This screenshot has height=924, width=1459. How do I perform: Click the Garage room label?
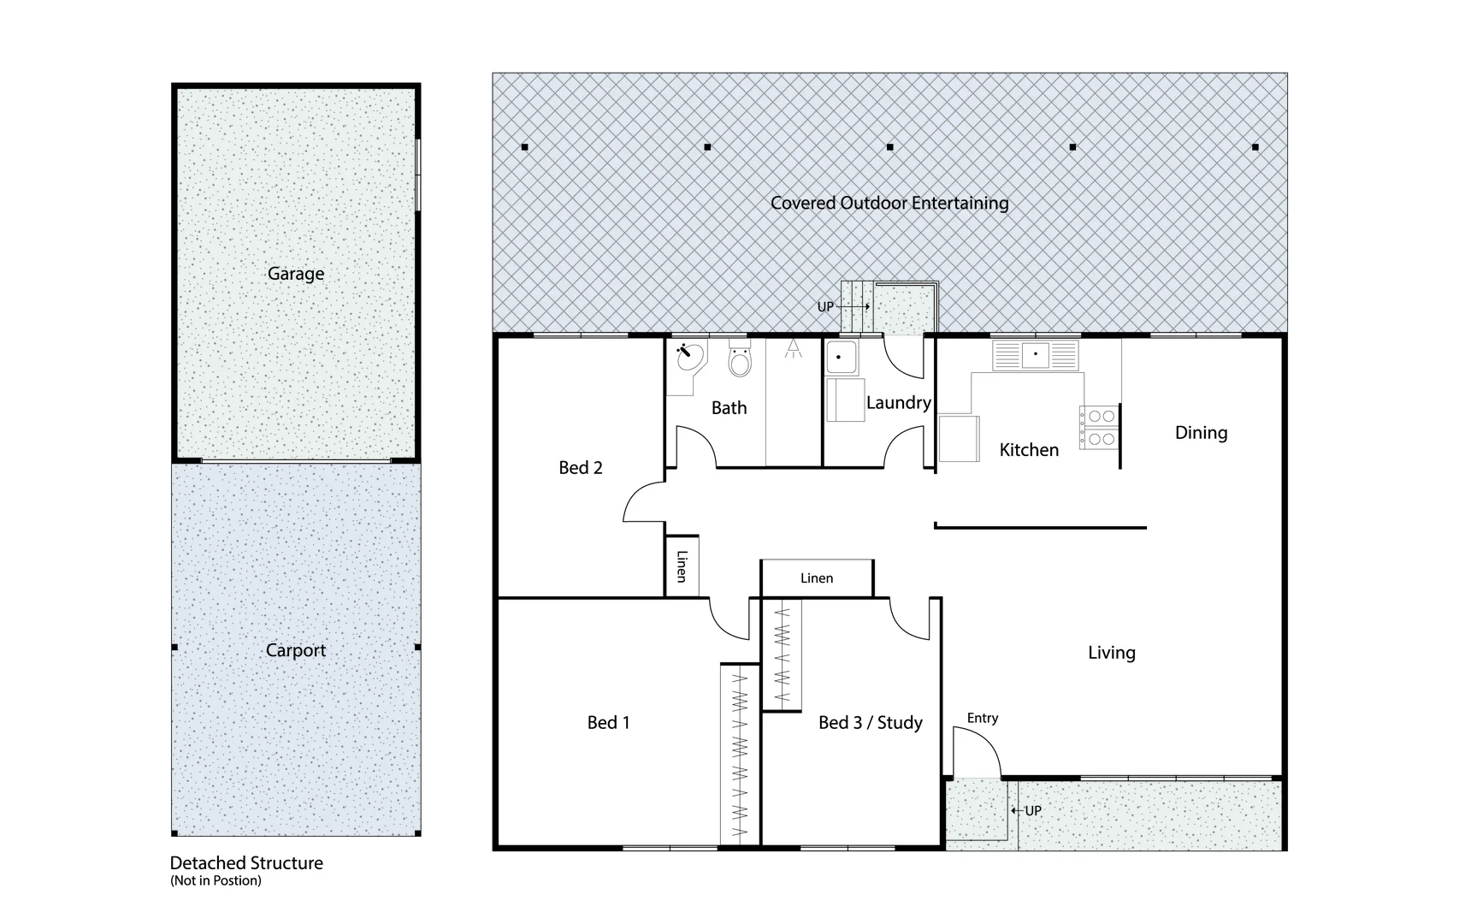296,274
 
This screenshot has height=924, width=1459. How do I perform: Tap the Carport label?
296,650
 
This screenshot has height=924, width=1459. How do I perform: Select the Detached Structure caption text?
246,862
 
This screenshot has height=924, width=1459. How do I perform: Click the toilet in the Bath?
740,362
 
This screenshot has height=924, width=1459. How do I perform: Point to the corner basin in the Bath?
688,357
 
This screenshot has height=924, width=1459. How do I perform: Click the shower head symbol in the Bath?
794,347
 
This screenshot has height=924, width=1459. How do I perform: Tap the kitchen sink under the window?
1036,355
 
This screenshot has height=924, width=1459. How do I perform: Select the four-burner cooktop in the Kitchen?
1099,428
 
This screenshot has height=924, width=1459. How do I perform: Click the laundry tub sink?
842,358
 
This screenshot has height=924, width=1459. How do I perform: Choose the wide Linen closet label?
817,578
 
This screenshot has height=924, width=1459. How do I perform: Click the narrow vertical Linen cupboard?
682,566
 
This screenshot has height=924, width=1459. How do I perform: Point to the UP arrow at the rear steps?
855,306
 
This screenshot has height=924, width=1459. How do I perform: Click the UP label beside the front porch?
1033,810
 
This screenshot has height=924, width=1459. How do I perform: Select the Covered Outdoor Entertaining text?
889,203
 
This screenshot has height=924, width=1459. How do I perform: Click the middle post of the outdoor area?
890,147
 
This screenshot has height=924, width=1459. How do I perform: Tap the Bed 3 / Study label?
870,723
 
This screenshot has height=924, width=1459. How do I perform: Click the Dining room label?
1201,433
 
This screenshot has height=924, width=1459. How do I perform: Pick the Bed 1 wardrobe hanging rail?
741,753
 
